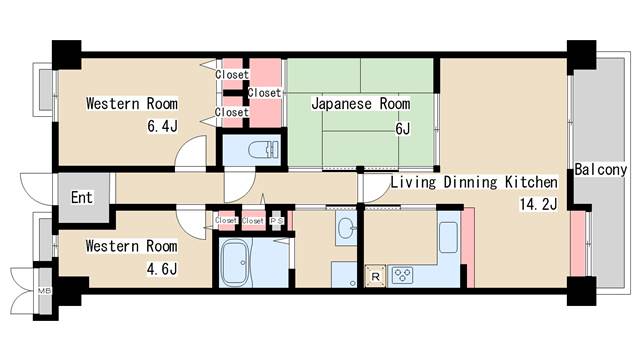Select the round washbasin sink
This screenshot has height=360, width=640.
tap(345, 229)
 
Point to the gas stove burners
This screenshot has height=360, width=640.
tap(404, 275)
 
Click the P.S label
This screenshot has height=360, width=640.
tap(277, 221)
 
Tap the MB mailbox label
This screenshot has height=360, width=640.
tap(42, 291)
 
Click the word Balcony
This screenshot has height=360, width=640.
tap(599, 170)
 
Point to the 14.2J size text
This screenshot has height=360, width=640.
tap(538, 204)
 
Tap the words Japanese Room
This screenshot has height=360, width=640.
tap(360, 103)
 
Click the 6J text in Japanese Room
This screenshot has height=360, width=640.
tap(401, 128)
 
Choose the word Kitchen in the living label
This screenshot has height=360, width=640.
tap(530, 182)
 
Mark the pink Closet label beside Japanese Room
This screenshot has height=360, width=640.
tap(264, 93)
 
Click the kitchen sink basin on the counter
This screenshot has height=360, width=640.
tap(448, 237)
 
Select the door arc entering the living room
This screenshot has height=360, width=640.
tap(373, 190)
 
